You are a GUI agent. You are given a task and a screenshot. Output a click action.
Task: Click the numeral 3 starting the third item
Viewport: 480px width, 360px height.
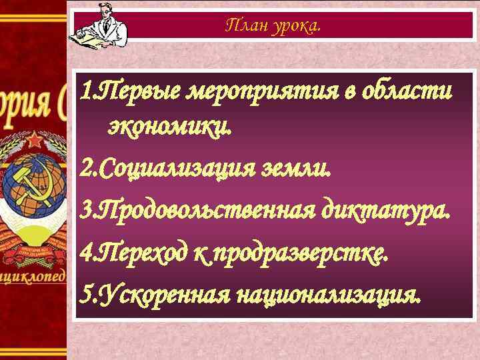click(x=83, y=212)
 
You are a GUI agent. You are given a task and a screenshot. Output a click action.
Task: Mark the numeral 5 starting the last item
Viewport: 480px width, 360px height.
click(x=83, y=293)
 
